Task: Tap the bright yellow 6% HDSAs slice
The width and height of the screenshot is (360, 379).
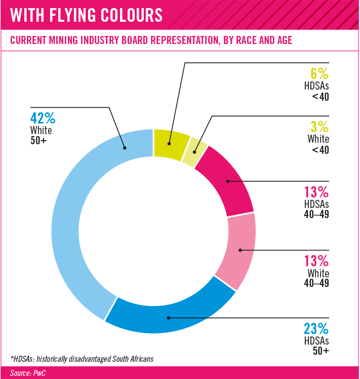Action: [171, 144]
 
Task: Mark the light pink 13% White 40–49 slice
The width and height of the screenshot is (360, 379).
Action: [239, 250]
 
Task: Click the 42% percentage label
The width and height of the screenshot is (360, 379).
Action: [43, 118]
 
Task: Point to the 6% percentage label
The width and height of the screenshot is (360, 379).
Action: [319, 73]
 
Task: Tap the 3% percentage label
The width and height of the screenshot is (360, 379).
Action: [319, 127]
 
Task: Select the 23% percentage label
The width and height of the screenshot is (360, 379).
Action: [316, 328]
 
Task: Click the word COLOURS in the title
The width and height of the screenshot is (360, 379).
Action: [131, 15]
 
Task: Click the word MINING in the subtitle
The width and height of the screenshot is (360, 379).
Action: [64, 40]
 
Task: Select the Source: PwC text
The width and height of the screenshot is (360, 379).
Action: [27, 373]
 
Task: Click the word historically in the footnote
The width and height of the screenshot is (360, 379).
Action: [52, 359]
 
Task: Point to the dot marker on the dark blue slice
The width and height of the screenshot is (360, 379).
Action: [169, 318]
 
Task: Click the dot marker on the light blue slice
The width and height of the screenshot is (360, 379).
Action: [125, 148]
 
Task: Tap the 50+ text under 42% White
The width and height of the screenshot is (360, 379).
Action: [38, 141]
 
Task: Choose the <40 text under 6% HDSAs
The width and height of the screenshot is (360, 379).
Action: [321, 97]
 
